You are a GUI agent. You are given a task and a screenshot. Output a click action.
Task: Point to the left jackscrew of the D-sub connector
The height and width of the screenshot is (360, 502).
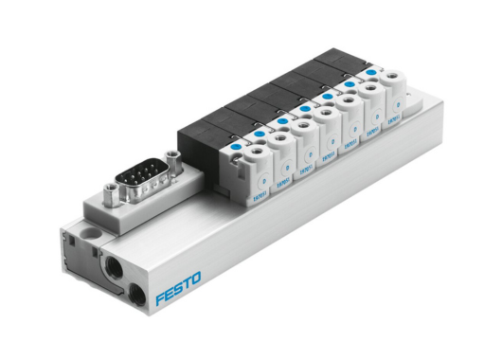tap(113, 195)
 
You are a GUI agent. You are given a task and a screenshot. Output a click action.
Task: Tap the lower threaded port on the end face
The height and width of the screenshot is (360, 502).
tap(139, 293)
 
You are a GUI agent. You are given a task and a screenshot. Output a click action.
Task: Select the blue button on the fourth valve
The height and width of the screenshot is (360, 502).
tap(306, 108)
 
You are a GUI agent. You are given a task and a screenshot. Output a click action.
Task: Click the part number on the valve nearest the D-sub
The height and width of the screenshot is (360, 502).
tap(257, 194)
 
